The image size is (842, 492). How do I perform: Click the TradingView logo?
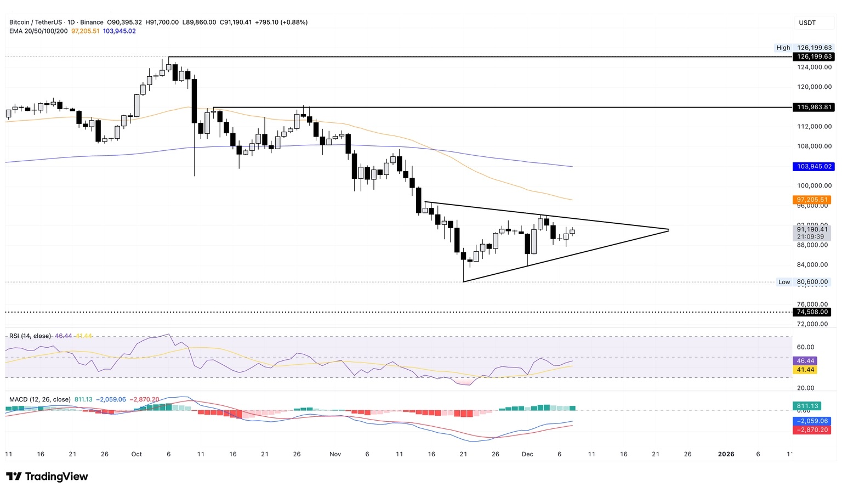point(47,476)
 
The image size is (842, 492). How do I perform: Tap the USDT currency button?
point(807,22)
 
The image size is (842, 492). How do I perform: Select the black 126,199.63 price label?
point(814,56)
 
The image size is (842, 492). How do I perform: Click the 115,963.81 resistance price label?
point(814,107)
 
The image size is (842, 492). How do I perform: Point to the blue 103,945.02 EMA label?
point(814,166)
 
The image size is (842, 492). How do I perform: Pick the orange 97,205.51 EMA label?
point(812,200)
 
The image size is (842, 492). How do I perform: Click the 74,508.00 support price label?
point(812,312)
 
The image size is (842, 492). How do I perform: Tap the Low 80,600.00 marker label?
point(804,282)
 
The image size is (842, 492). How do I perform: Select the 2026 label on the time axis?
point(726,454)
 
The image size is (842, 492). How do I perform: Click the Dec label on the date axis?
point(527,454)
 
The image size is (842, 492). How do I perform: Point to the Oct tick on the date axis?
point(136,454)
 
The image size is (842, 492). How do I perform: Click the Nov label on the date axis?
point(335,454)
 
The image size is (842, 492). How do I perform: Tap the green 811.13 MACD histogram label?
point(807,406)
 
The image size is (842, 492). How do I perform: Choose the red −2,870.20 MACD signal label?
point(812,430)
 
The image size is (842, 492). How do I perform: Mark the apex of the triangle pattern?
point(669,230)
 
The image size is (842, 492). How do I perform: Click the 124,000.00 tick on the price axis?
point(814,67)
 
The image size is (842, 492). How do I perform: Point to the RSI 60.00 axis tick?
point(805,347)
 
